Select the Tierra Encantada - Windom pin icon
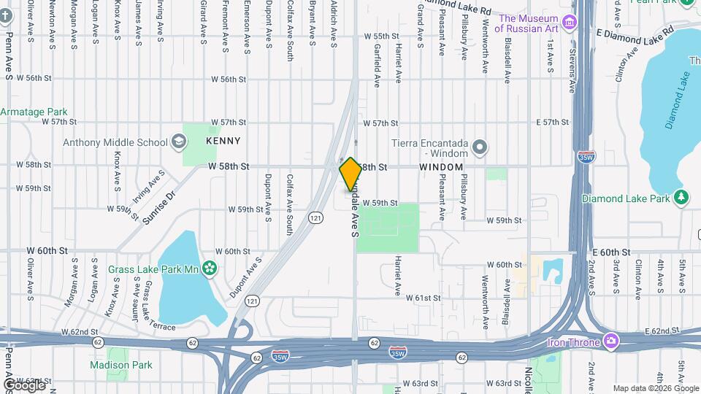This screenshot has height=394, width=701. [x=480, y=148]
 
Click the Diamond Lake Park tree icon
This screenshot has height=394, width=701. [x=681, y=198]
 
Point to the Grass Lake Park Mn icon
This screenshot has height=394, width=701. [x=210, y=269]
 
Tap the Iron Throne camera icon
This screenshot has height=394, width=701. [x=612, y=341]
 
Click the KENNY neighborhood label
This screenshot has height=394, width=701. [x=223, y=141]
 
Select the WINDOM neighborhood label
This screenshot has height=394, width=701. [x=441, y=167]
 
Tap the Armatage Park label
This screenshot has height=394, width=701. [x=34, y=112]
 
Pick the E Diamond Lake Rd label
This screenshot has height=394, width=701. [x=634, y=33]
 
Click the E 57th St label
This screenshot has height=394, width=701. [x=551, y=122]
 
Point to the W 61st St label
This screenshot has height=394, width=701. [x=424, y=298]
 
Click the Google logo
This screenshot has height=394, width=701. [x=24, y=385]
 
